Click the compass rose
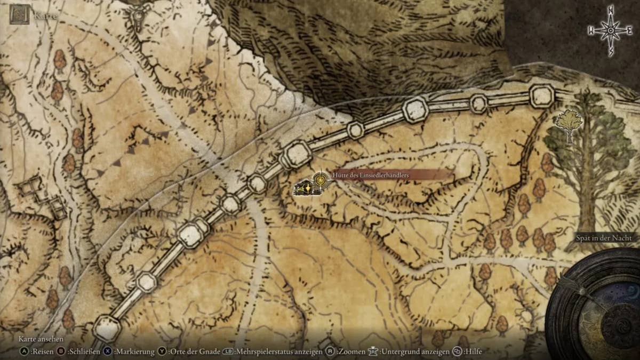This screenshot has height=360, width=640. pos(610,31)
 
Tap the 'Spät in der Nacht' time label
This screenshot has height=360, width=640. pos(604,238)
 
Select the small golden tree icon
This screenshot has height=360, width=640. pos(568,124)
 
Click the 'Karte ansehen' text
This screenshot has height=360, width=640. pos(41,339)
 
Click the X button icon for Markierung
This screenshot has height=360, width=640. pos(108,351)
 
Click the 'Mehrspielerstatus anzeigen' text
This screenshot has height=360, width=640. pos(279,351)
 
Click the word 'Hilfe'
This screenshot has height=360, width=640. pos(473,351)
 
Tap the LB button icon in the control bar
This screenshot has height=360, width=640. pos(228,351)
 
